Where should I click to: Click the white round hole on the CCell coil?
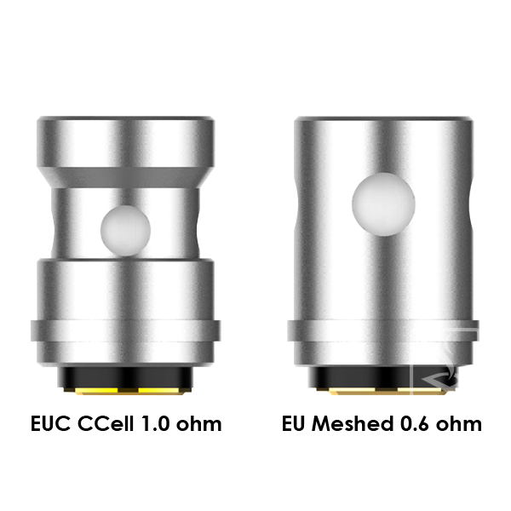pos(125,231)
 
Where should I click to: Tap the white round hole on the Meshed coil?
pos(383,204)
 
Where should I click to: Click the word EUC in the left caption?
pos(50,423)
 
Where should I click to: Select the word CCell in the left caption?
pos(106,423)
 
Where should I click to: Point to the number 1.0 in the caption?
pos(155,423)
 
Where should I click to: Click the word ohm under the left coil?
pos(198,423)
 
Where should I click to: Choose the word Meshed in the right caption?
pos(353,423)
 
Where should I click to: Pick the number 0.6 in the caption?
pos(415,423)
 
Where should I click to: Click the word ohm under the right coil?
pos(459,423)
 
